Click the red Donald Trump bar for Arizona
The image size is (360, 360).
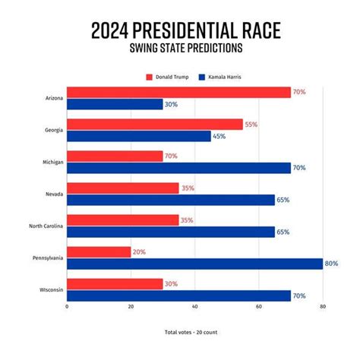point(178,92)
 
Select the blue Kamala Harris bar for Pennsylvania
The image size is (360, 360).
point(194,264)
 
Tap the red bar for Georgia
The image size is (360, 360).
point(155,124)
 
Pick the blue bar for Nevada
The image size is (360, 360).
point(171,200)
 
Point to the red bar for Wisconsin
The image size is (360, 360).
point(115,283)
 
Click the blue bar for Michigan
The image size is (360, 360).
point(178,168)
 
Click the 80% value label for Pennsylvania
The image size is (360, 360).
point(331,264)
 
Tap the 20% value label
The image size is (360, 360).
point(140,251)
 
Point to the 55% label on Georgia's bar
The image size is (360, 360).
point(251,124)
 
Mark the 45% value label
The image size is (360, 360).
point(219,136)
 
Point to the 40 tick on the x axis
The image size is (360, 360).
point(195,307)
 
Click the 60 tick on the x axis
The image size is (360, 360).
point(259,307)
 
